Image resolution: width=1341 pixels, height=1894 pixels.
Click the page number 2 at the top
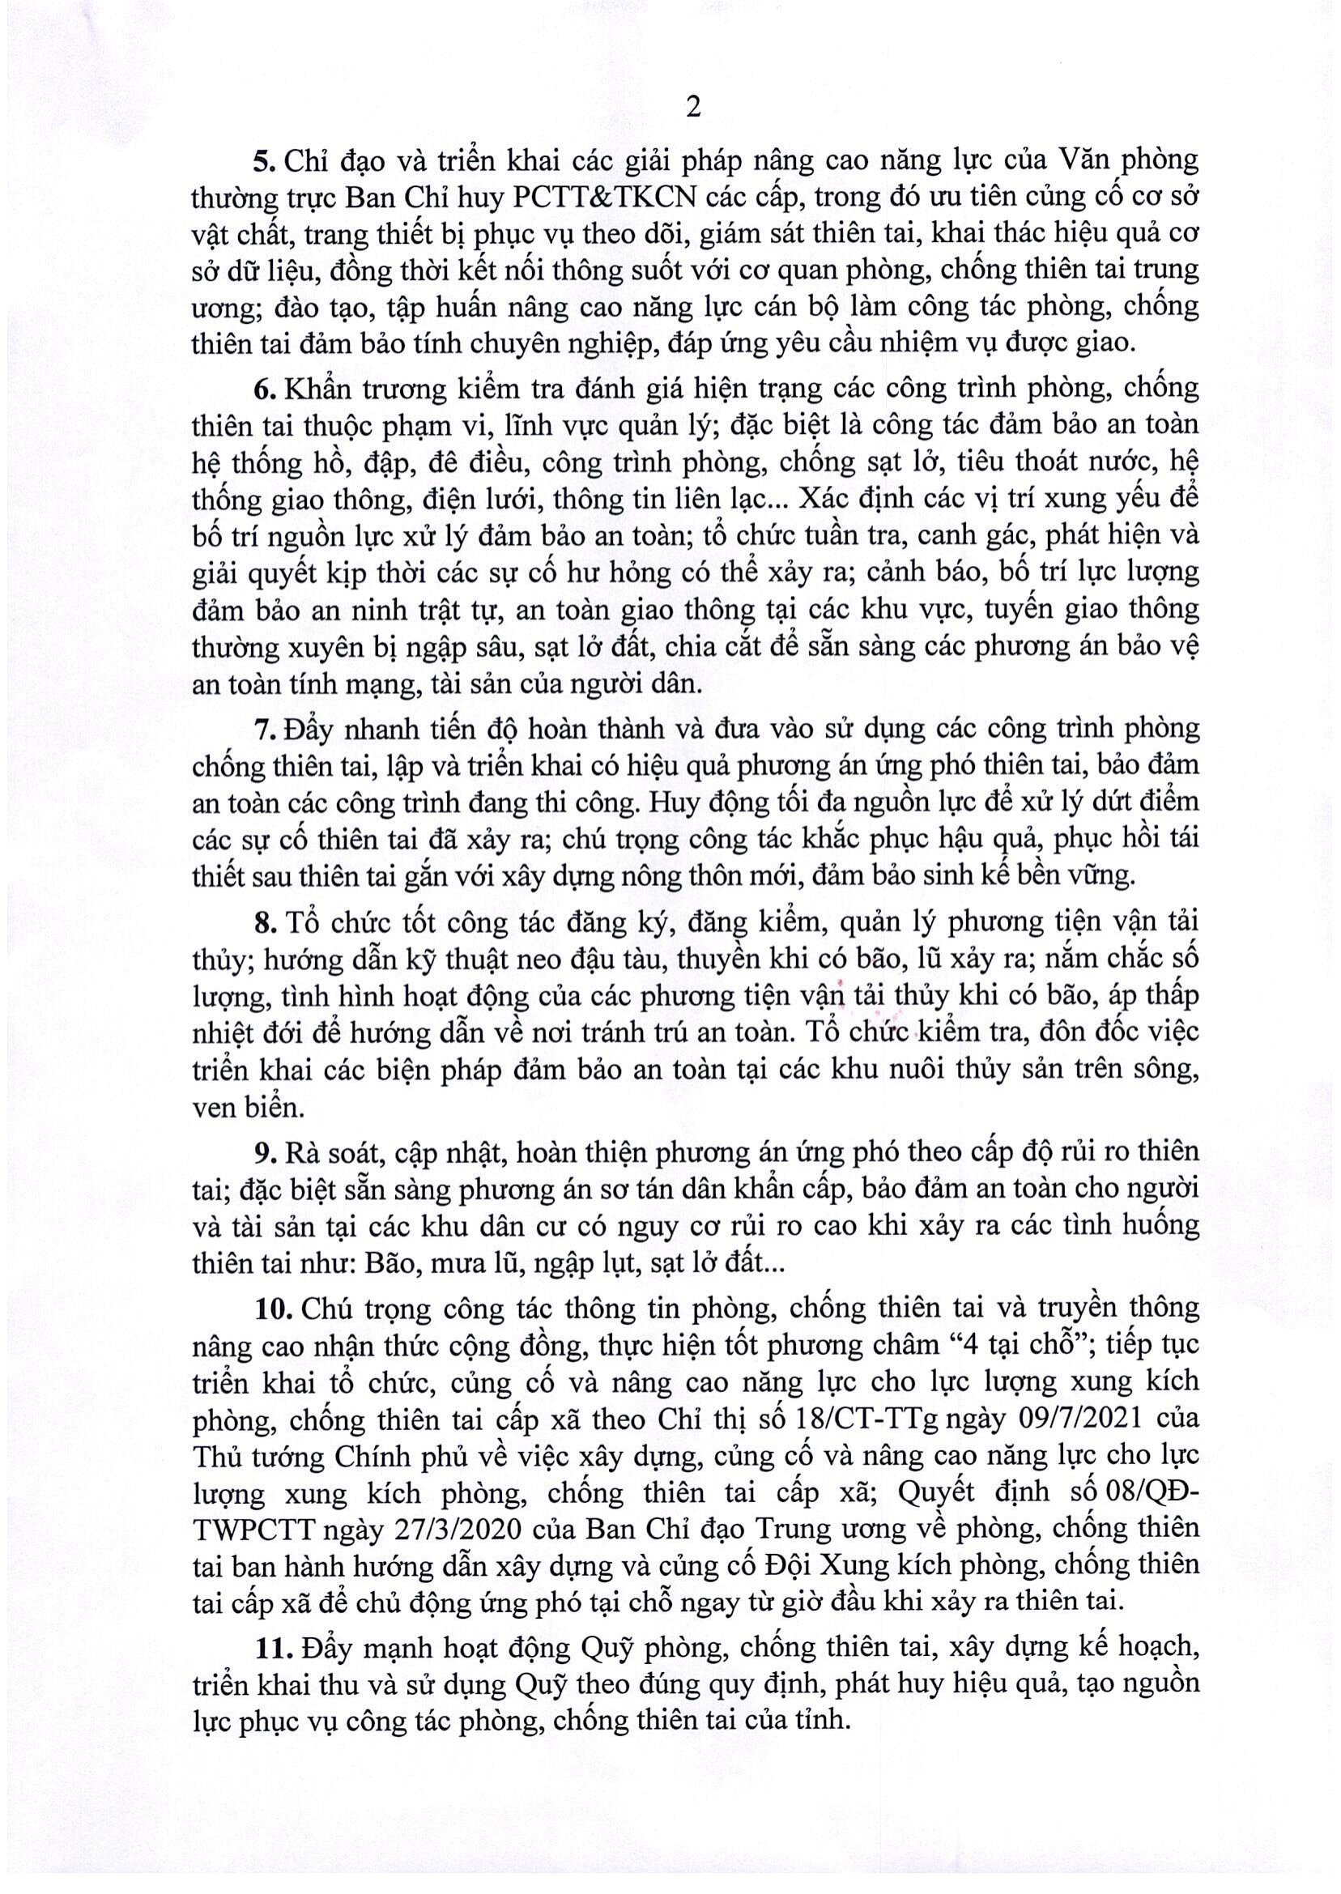(x=694, y=109)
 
